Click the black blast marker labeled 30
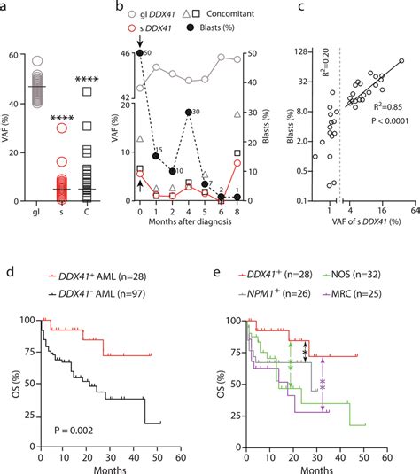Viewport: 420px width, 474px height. pos(189,113)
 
